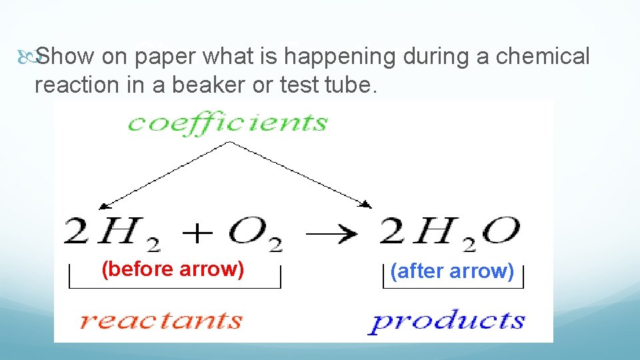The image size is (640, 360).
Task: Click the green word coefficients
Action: click(x=227, y=123)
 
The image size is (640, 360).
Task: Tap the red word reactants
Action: click(x=160, y=320)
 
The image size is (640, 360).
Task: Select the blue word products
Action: click(x=447, y=321)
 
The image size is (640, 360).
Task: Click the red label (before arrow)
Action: click(x=173, y=269)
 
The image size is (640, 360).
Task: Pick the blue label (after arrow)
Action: click(x=452, y=271)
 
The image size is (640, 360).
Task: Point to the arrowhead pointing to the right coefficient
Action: click(x=367, y=203)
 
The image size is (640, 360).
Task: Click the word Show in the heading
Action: click(x=65, y=57)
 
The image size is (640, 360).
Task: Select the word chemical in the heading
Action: click(x=543, y=57)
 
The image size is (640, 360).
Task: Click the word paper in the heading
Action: click(x=165, y=57)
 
